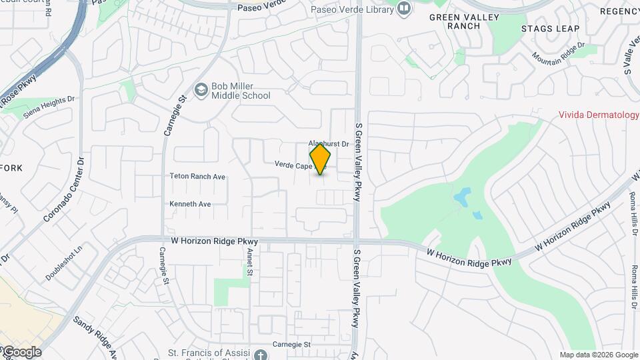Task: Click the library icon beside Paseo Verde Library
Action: tap(403, 9)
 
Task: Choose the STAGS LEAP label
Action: tap(550, 29)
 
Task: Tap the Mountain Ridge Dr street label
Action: tap(558, 53)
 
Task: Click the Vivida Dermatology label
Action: tap(599, 115)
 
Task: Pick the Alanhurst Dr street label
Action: tap(329, 144)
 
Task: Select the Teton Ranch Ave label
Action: tap(197, 177)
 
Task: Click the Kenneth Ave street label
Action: tap(190, 204)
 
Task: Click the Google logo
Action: tap(21, 352)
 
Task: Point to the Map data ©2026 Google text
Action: tap(598, 355)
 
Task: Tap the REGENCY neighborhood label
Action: tap(619, 11)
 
